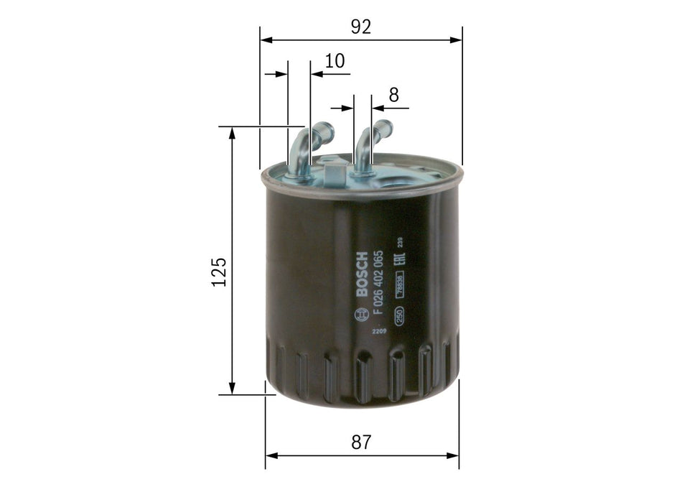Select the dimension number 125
pyautogui.click(x=219, y=272)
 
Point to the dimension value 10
pyautogui.click(x=335, y=61)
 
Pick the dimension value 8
pyautogui.click(x=393, y=93)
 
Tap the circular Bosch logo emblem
pyautogui.click(x=361, y=314)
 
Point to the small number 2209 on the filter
pyautogui.click(x=378, y=331)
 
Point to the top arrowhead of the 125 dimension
pyautogui.click(x=232, y=133)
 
